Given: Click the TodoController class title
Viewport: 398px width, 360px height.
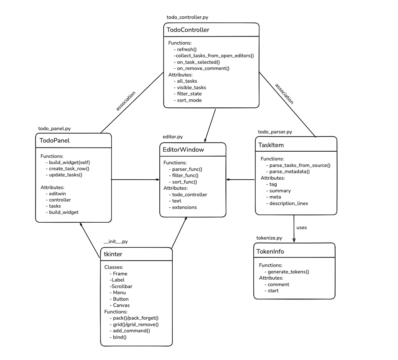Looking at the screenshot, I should tap(188, 30).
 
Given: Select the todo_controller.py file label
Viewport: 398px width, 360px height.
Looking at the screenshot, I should tap(187, 17).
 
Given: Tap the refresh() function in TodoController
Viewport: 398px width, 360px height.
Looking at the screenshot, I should tap(187, 49).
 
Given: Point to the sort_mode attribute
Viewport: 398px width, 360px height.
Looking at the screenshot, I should tap(189, 100).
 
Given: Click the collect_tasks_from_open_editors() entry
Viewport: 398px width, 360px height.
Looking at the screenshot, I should tap(214, 56).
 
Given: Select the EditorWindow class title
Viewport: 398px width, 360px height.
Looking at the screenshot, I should tap(183, 150).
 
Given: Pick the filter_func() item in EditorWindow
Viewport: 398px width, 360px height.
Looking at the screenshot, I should tap(185, 175).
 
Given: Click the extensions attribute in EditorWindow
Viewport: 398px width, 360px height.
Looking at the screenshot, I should tap(184, 207).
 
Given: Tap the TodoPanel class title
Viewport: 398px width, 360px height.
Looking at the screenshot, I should tap(54, 141).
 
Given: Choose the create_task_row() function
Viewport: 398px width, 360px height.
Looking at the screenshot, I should tap(69, 169).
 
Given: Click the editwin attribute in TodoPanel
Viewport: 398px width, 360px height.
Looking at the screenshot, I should tap(57, 194).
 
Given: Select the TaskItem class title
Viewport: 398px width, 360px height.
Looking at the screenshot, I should tap(271, 145).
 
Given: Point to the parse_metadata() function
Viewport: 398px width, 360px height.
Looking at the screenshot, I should tap(289, 172).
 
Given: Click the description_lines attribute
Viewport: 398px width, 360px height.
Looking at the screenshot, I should tap(288, 203).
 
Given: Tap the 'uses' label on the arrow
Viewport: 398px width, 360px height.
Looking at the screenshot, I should tap(301, 228).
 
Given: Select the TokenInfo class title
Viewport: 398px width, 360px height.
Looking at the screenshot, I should tap(270, 252).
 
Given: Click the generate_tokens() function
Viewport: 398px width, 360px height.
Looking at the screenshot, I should tap(288, 272).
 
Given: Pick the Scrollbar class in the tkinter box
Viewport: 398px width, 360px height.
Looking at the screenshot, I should tap(122, 286).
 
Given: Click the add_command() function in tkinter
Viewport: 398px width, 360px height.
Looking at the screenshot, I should tap(131, 331).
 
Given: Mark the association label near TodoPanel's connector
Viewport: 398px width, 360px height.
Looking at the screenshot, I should tap(126, 101).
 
